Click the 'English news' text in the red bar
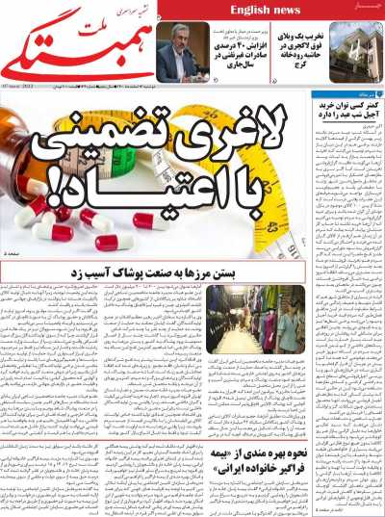point(265,10)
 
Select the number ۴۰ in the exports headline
point(258,45)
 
